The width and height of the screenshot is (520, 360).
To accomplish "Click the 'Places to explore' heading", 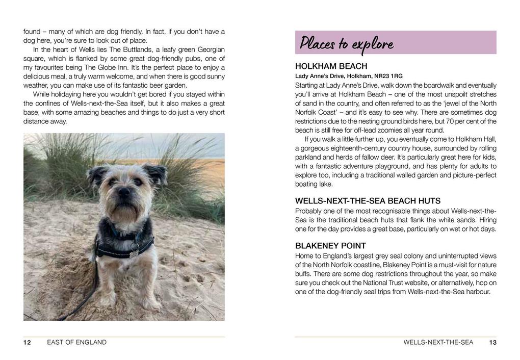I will click(347, 43).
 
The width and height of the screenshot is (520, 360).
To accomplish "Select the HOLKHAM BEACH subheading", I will click(331, 66).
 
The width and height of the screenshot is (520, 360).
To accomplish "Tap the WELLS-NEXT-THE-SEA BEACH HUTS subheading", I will click(368, 201).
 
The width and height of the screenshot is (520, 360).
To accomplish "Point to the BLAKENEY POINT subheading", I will click(330, 246).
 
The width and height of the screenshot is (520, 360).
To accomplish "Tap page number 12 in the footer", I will click(27, 343).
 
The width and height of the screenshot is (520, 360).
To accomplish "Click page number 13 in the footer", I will click(492, 343).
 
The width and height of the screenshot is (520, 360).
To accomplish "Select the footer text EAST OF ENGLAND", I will click(76, 343).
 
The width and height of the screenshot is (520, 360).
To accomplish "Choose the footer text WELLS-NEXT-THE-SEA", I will click(438, 343).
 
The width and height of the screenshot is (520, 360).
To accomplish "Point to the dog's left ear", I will click(156, 173).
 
